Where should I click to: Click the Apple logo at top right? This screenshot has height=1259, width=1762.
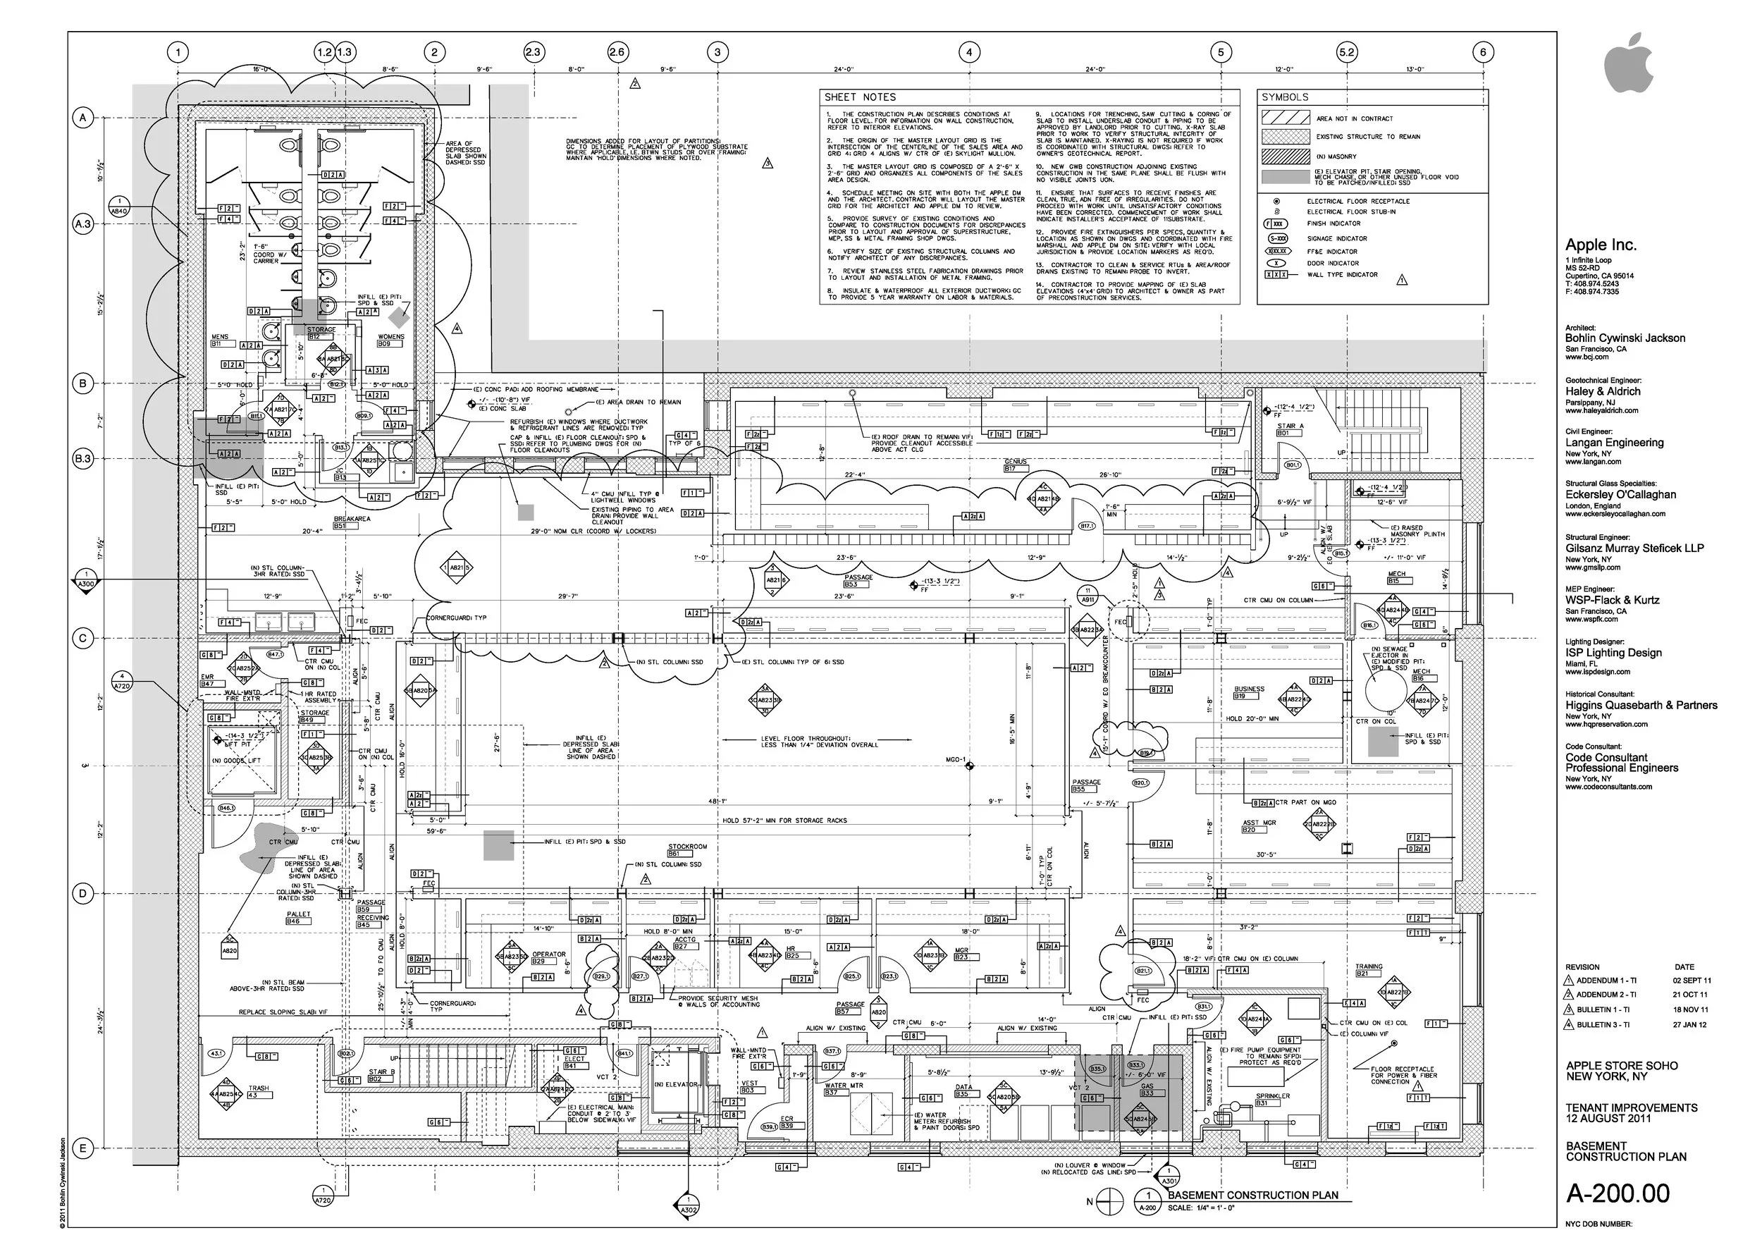click(x=1628, y=63)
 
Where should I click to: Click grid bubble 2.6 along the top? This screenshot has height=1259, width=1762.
click(x=617, y=53)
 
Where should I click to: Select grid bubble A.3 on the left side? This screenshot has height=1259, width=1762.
click(x=83, y=225)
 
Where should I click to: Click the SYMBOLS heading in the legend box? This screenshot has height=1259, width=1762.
click(x=1284, y=97)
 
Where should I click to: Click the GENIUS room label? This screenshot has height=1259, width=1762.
click(x=1015, y=461)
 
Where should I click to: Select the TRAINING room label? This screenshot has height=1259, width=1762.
click(x=1369, y=966)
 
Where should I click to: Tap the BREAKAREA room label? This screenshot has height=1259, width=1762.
click(x=352, y=519)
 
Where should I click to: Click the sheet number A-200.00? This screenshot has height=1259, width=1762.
click(x=1618, y=1193)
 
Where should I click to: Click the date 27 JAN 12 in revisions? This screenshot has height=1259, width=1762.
click(x=1691, y=1025)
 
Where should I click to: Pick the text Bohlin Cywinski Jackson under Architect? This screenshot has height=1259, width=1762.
click(x=1625, y=338)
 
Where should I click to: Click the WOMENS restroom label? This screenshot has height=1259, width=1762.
click(x=390, y=336)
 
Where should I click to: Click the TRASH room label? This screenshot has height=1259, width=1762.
click(x=258, y=1088)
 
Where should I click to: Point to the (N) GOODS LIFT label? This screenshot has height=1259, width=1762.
click(x=242, y=761)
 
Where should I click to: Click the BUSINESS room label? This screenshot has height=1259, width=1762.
click(x=1249, y=689)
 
